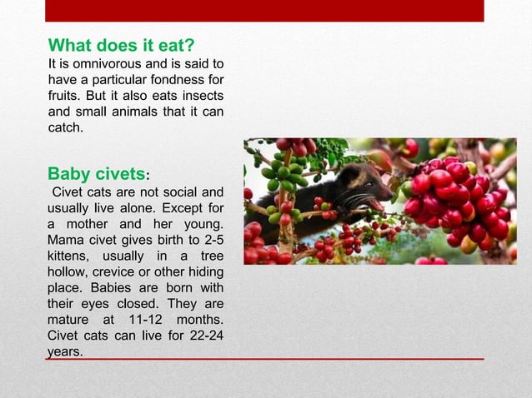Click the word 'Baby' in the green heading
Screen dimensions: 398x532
tap(68, 174)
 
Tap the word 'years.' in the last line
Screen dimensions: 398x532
tap(65, 352)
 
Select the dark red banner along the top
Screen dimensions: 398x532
tap(264, 10)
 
